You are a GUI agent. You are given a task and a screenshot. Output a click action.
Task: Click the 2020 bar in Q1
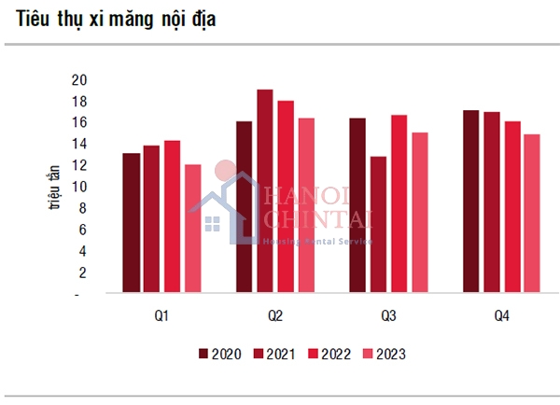tap(131, 223)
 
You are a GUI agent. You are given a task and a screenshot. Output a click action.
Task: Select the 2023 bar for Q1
tap(192, 229)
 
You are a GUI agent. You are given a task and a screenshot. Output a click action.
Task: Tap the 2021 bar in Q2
tap(265, 191)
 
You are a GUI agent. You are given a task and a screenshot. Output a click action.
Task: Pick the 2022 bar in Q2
tap(286, 197)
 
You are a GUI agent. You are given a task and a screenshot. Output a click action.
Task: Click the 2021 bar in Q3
tap(378, 225)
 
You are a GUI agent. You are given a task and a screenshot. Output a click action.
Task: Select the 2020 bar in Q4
tap(471, 202)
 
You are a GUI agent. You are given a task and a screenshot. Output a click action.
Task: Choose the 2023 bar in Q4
tap(532, 214)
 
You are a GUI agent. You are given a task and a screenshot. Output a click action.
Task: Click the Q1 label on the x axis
tap(161, 316)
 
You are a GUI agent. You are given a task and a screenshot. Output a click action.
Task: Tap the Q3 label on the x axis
tap(388, 316)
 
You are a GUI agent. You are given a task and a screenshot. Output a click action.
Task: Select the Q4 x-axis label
tap(501, 316)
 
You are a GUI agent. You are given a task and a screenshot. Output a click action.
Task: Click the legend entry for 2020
tap(220, 354)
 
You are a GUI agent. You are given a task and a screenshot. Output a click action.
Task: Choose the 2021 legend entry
tap(275, 354)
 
